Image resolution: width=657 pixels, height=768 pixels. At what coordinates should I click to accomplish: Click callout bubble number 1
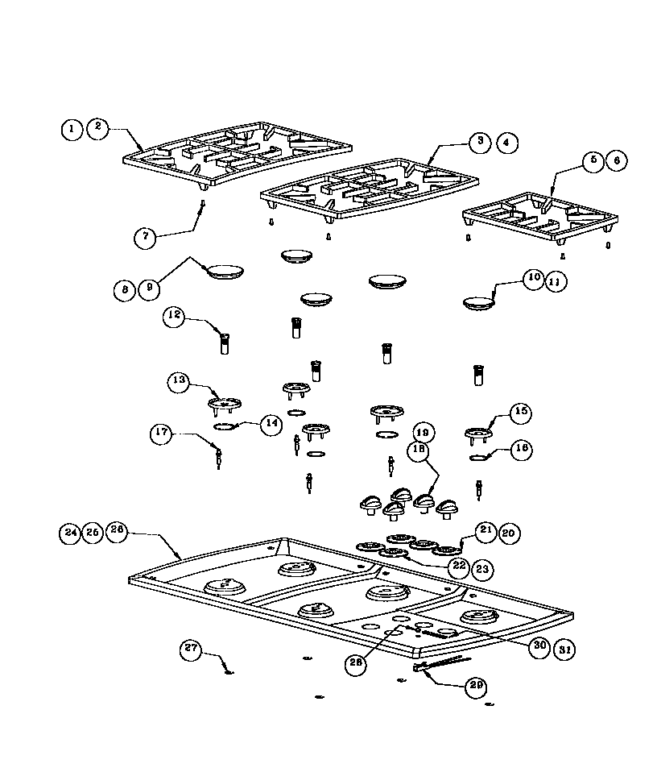click(x=72, y=128)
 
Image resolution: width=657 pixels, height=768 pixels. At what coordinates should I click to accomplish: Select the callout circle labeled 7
click(x=146, y=236)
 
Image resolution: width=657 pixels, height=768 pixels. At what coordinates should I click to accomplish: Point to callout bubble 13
click(x=180, y=381)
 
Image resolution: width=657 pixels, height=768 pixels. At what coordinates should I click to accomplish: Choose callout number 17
click(x=163, y=434)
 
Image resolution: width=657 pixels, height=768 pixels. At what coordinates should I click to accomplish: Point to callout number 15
click(x=520, y=412)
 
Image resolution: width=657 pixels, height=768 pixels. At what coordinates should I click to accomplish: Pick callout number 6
click(x=616, y=160)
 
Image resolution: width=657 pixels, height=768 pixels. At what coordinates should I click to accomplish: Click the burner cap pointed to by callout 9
click(x=225, y=271)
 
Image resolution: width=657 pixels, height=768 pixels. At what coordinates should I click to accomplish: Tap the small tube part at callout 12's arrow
click(x=225, y=344)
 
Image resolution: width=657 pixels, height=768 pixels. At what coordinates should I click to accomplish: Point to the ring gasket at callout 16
click(x=480, y=459)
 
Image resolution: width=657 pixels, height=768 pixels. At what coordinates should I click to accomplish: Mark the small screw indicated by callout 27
click(x=228, y=672)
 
